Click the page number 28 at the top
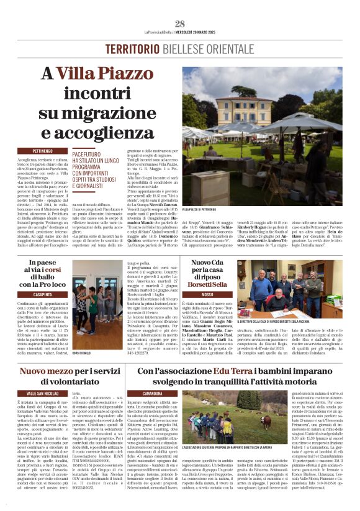[180, 24]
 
